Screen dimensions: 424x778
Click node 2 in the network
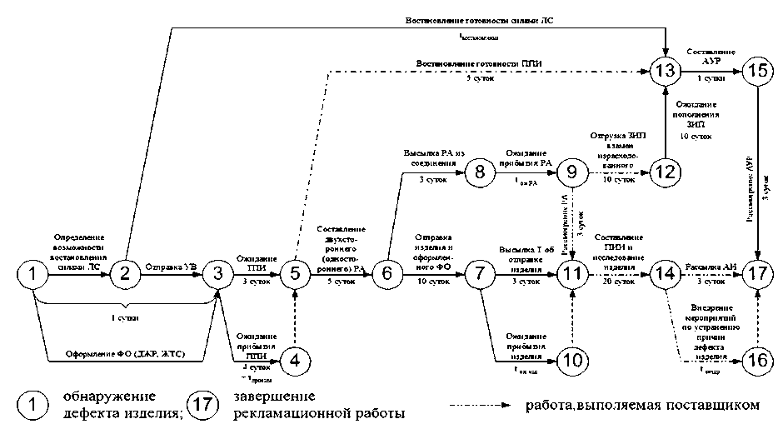click(126, 272)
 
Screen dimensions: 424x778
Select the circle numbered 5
click(295, 272)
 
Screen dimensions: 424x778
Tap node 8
click(480, 173)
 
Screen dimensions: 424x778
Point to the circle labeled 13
click(666, 71)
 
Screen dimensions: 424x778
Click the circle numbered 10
click(573, 360)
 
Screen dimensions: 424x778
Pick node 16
click(757, 360)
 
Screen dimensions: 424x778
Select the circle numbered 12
click(666, 173)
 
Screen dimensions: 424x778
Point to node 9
click(573, 173)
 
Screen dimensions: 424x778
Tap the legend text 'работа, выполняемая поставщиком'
click(642, 406)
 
